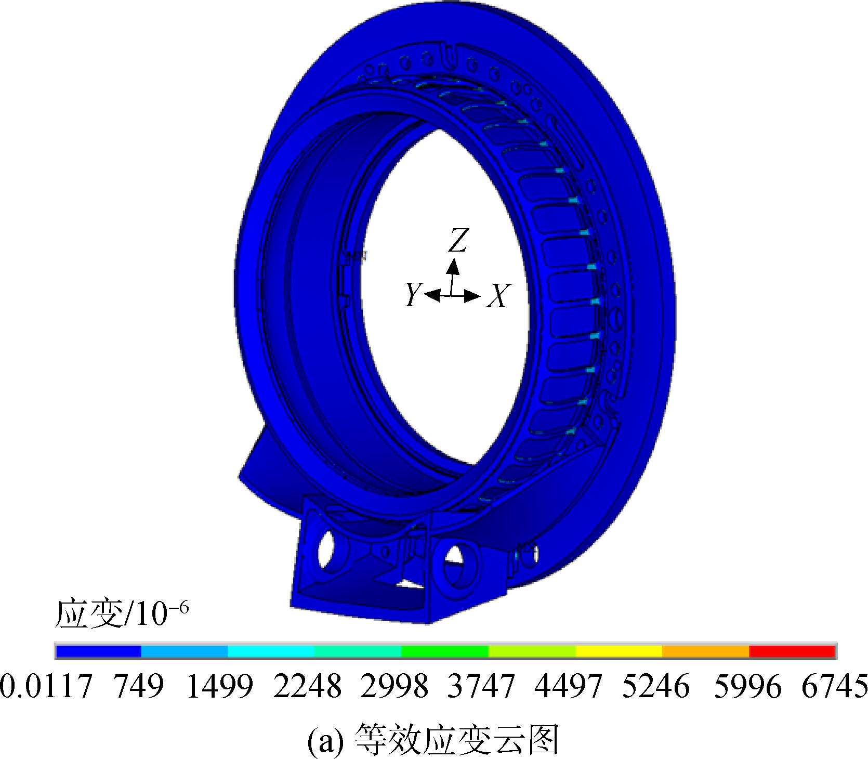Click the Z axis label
[457, 241]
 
